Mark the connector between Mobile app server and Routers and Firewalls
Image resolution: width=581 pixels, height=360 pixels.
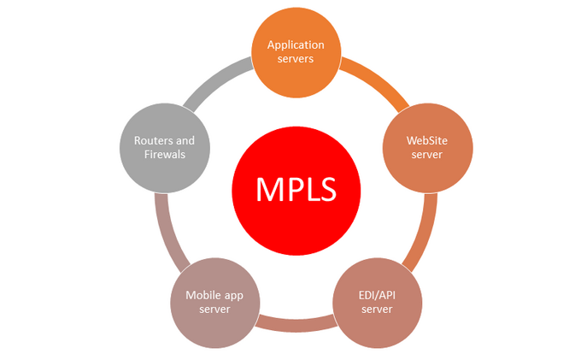click(x=162, y=232)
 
